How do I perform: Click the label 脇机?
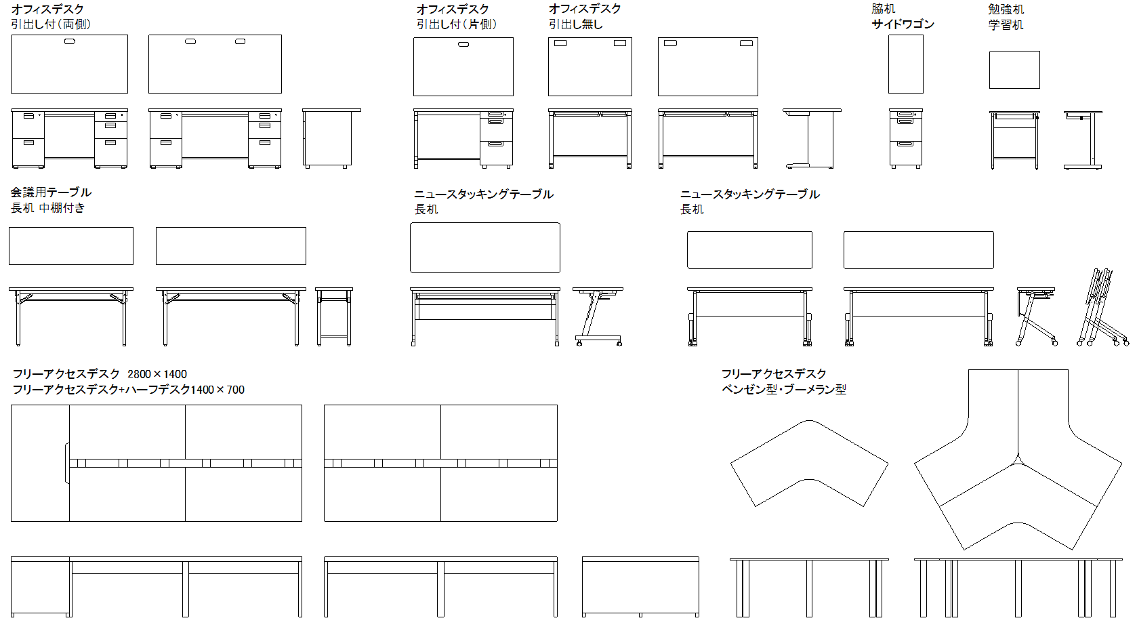(883, 9)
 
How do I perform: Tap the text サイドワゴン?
(903, 24)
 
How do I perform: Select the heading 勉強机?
(1006, 9)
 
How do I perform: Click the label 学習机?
(1006, 25)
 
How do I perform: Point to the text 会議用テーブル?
(51, 192)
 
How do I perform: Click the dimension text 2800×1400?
(157, 374)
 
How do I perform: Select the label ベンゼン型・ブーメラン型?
(784, 390)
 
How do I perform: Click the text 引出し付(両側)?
(51, 24)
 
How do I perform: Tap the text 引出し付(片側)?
(457, 24)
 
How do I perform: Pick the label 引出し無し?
(575, 24)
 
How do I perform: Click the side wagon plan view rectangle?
(906, 64)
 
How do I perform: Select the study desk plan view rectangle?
(1014, 70)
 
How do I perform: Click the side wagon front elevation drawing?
(906, 138)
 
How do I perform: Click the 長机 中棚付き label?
(47, 208)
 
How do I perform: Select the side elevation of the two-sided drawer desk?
(331, 138)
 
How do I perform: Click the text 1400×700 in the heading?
(218, 390)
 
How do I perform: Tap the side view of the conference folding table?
(334, 316)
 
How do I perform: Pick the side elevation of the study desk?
(1083, 140)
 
